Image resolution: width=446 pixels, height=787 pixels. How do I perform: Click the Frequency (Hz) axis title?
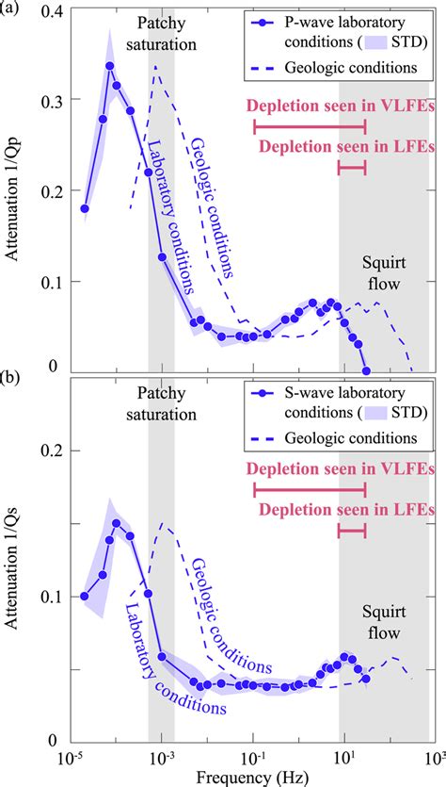click(x=250, y=778)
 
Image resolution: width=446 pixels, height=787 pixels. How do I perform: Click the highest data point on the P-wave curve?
click(x=110, y=66)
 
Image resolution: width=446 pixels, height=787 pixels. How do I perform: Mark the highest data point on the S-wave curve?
click(x=116, y=523)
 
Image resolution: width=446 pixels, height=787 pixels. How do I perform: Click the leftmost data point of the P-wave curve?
click(x=85, y=208)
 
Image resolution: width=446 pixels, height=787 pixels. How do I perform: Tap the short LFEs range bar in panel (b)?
click(x=352, y=531)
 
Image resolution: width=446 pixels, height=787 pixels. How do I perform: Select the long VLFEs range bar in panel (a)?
click(x=310, y=126)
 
